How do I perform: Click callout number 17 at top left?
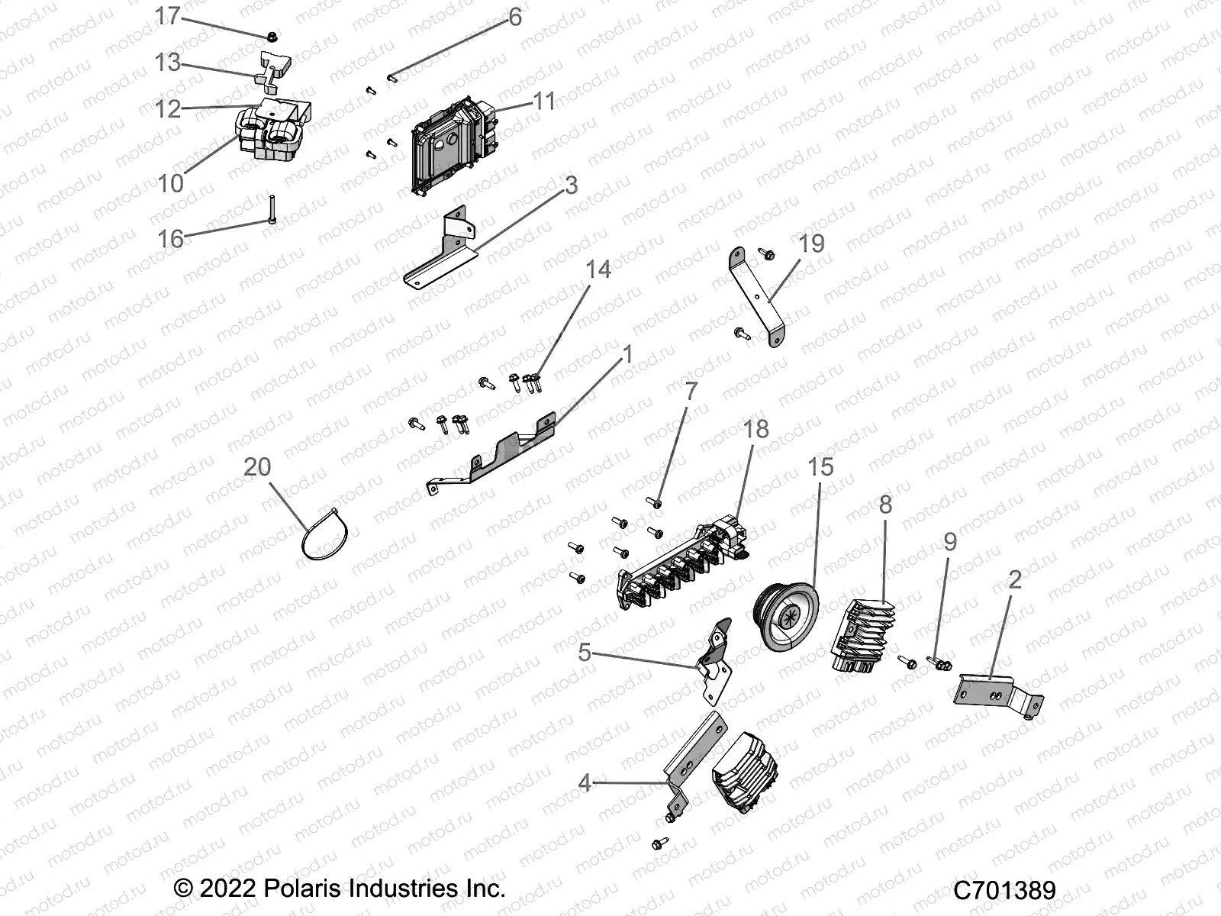tap(167, 15)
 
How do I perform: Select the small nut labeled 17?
tap(272, 36)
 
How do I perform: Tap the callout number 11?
tap(544, 102)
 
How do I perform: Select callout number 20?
tap(257, 466)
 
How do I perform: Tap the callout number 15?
tap(820, 466)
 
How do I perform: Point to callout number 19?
tap(812, 244)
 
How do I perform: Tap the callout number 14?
tap(598, 269)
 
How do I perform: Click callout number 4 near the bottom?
tap(585, 782)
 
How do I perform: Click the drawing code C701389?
tap(1004, 889)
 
